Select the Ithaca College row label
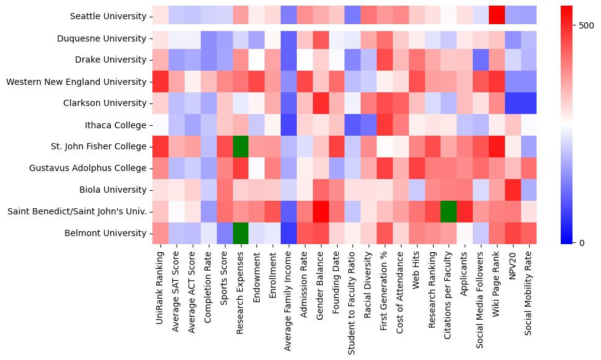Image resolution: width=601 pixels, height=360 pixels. [117, 125]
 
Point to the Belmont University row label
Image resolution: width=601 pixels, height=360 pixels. [105, 233]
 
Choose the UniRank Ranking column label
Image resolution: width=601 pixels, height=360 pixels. [160, 286]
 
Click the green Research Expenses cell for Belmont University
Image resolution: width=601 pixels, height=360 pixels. [240, 233]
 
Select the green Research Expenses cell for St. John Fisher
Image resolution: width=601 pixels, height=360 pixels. [240, 146]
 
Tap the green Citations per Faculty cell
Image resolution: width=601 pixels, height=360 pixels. [449, 211]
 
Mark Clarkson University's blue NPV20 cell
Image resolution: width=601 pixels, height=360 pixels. [513, 103]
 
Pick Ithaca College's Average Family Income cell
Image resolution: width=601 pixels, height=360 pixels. [288, 125]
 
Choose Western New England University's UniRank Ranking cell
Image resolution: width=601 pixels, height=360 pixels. [160, 81]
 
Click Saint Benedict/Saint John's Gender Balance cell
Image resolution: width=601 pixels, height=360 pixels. [320, 211]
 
